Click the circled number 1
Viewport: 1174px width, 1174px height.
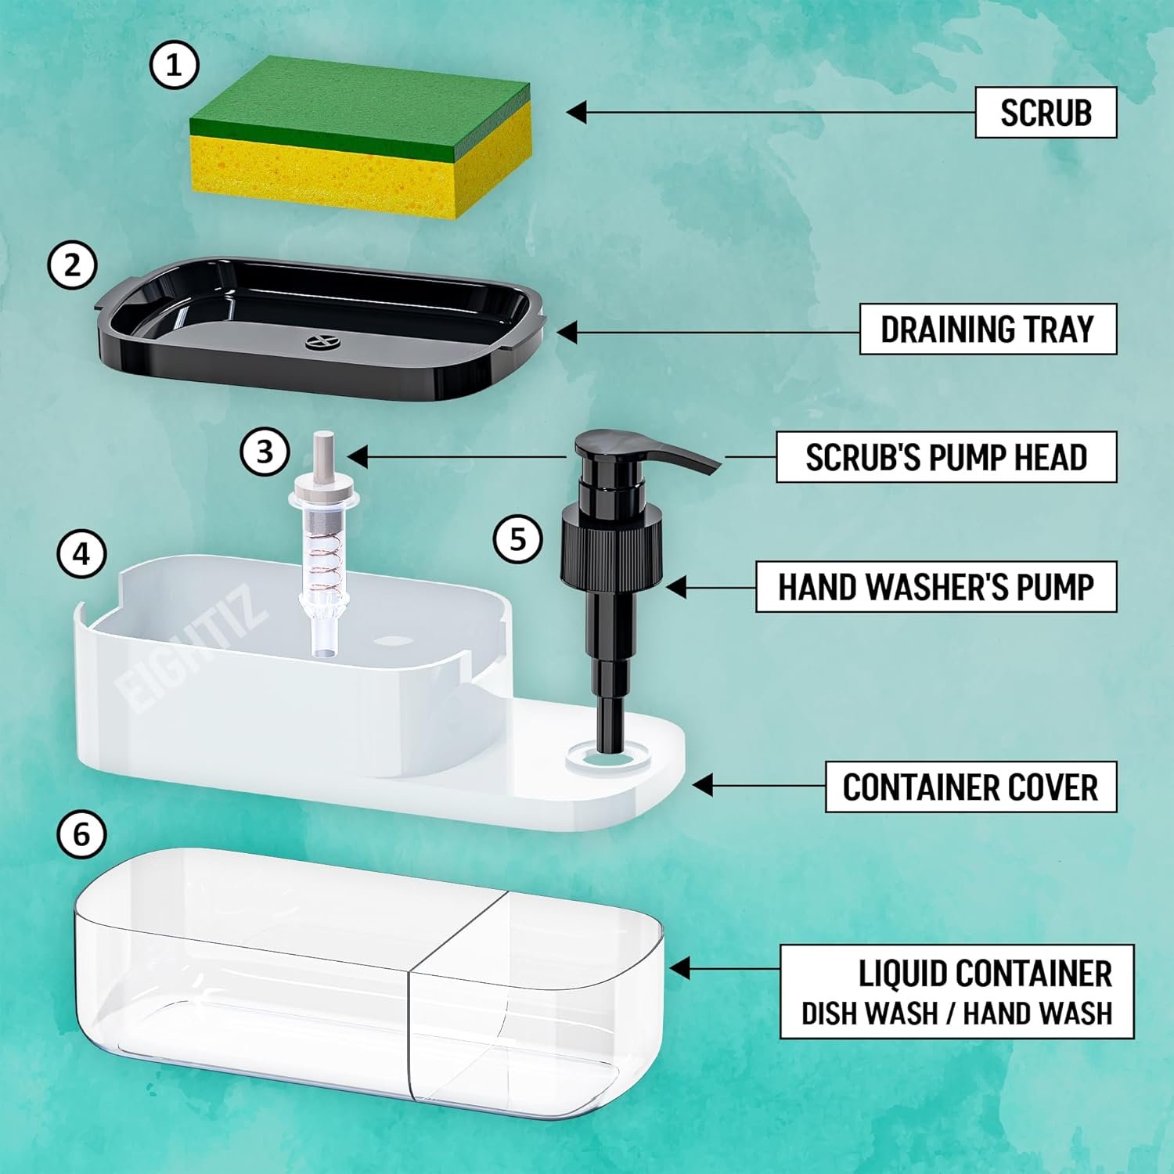(x=174, y=66)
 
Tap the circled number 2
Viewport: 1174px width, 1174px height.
(x=72, y=265)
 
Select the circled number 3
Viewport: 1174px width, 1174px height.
(x=265, y=452)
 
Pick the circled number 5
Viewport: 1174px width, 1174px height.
(x=518, y=538)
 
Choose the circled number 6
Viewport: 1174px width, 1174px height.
(x=82, y=834)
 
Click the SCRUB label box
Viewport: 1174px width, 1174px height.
(x=1046, y=113)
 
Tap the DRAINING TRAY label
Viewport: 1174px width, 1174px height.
(x=988, y=330)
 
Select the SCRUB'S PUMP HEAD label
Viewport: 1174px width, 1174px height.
(x=946, y=457)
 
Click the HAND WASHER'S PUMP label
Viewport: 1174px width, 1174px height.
(x=936, y=586)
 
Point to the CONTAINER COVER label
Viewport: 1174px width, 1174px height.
(x=971, y=787)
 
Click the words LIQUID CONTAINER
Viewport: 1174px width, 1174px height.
(x=985, y=974)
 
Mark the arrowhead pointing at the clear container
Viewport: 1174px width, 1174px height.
(x=680, y=968)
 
